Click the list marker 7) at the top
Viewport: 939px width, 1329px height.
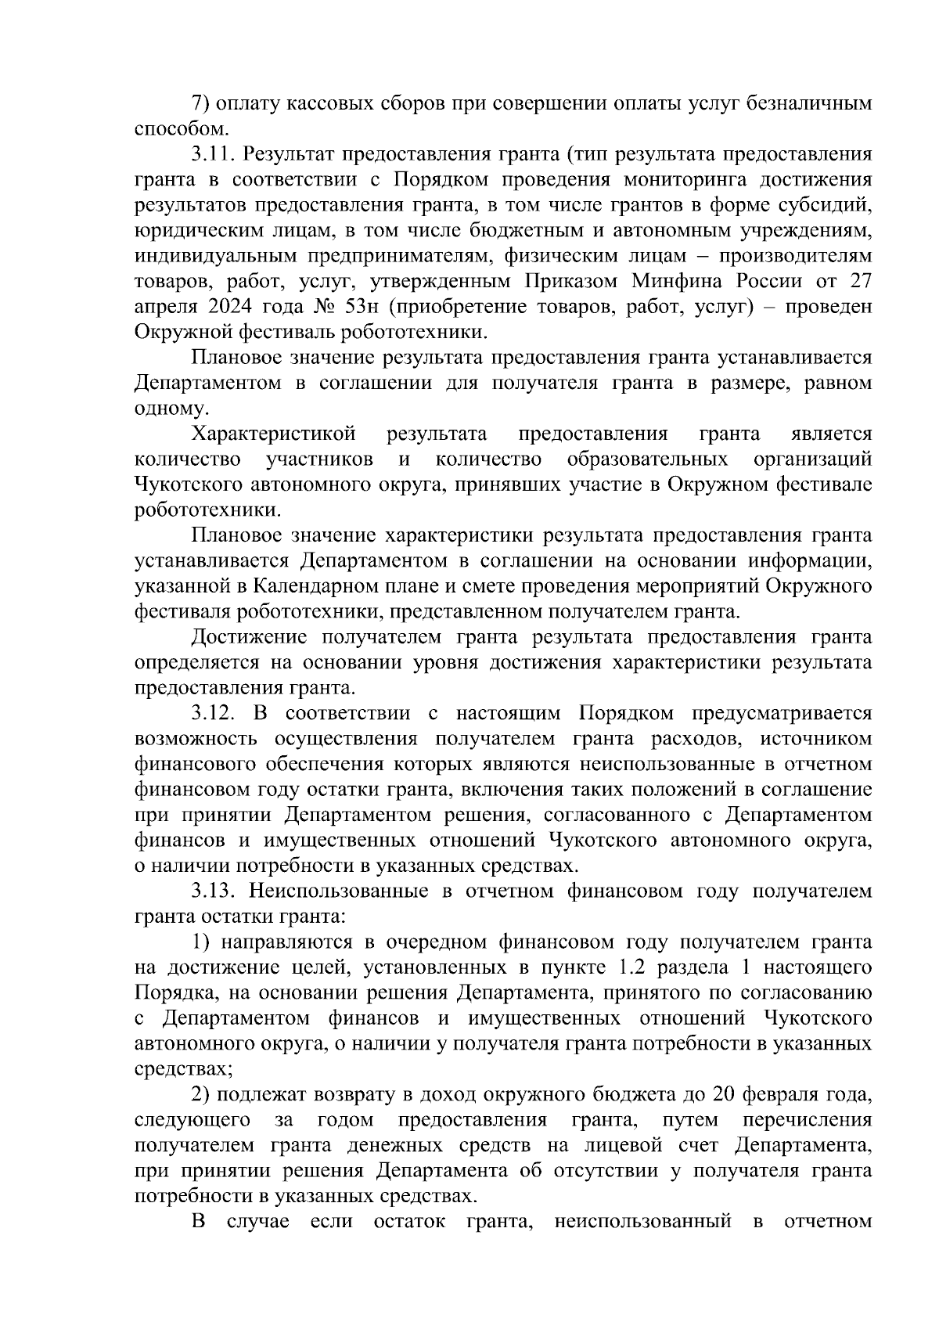point(201,103)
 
